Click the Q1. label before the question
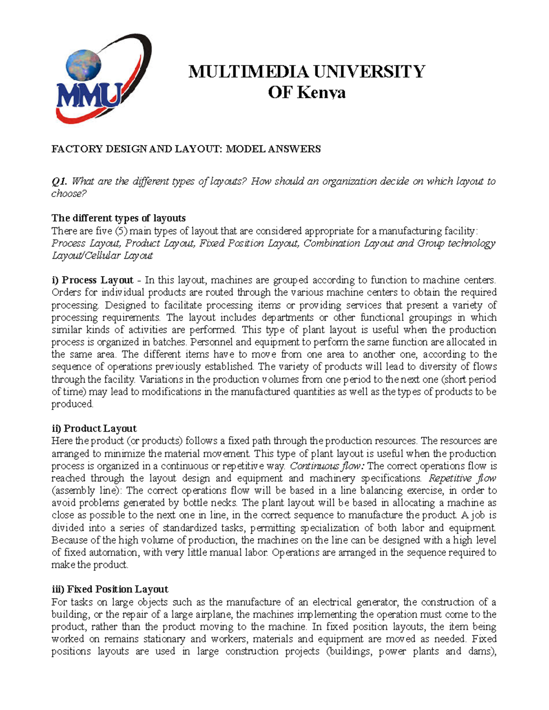tap(59, 182)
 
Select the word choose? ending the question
tap(69, 193)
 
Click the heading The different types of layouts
tap(118, 218)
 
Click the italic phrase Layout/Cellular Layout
tap(102, 256)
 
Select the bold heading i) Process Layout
tap(92, 280)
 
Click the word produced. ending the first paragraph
tap(72, 404)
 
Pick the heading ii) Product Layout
tap(94, 429)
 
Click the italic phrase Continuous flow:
tap(327, 466)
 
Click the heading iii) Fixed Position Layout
tap(110, 589)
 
